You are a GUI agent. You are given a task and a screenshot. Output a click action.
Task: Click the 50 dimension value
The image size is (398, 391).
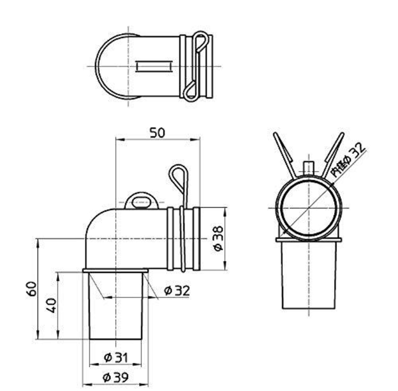click(157, 133)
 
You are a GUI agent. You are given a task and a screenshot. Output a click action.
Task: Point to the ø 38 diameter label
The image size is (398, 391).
click(218, 238)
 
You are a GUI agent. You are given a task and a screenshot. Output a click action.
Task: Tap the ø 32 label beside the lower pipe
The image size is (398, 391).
click(177, 291)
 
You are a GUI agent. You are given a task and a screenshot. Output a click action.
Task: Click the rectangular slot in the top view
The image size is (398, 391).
click(154, 66)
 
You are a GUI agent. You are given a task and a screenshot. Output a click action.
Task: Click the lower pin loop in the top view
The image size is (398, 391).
click(190, 91)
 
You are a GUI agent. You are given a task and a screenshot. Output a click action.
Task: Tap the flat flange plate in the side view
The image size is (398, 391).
click(115, 271)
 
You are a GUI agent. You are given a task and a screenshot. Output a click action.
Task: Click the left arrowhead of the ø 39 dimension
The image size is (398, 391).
click(86, 385)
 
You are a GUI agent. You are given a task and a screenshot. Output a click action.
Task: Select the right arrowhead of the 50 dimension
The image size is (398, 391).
click(196, 140)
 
